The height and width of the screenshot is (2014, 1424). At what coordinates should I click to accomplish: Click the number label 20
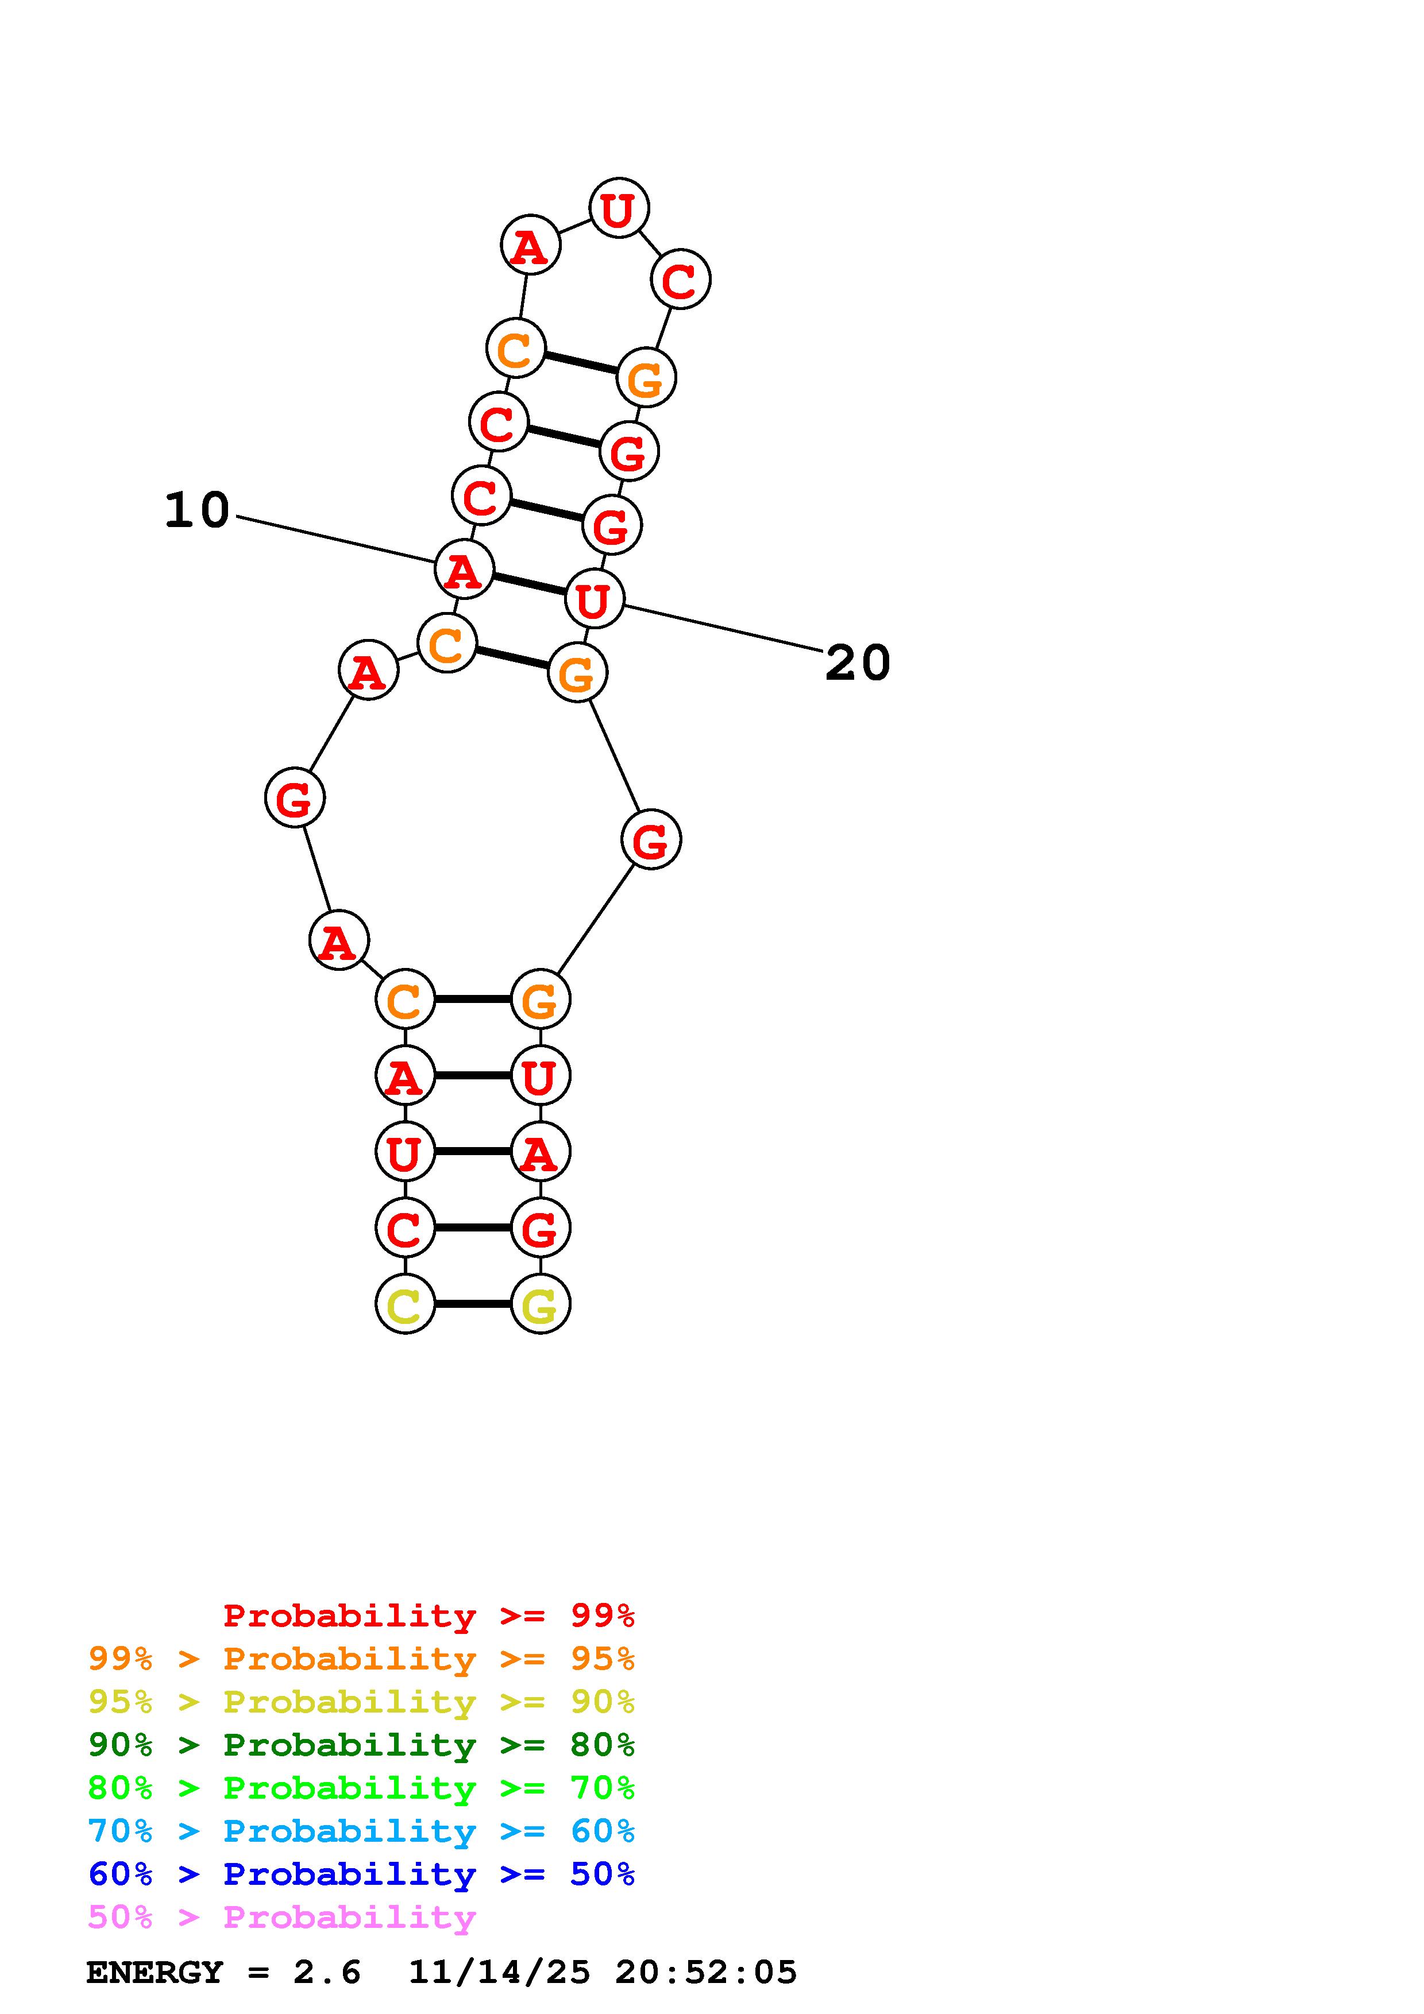[858, 663]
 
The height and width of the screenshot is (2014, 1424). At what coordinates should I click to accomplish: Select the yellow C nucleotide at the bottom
[404, 1303]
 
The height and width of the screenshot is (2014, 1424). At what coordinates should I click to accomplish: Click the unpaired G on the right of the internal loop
[651, 839]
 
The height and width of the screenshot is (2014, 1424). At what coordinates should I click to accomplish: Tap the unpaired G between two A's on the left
[295, 797]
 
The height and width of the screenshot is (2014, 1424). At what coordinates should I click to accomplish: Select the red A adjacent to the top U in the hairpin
[530, 245]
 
